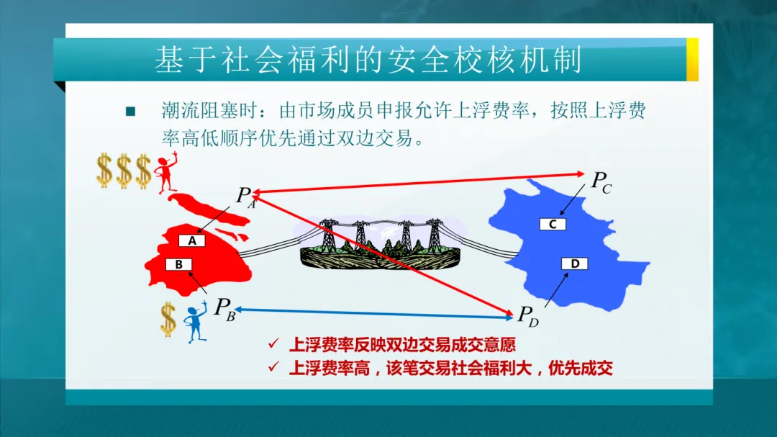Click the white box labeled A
coord(192,240)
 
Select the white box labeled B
coord(178,264)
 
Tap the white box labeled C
coord(553,224)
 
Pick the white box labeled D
coord(575,263)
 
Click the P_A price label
coord(246,197)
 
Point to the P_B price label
coord(224,309)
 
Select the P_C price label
coord(601,182)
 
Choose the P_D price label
coord(528,316)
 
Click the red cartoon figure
coord(166,172)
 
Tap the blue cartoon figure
coord(196,323)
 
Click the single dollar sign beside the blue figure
coord(168,320)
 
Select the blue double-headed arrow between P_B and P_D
coord(374,313)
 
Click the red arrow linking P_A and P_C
coord(419,183)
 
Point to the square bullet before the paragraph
coord(130,111)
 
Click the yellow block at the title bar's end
coord(692,60)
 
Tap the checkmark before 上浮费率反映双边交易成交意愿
coord(273,343)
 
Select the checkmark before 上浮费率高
coord(273,366)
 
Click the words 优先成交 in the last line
coord(581,368)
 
